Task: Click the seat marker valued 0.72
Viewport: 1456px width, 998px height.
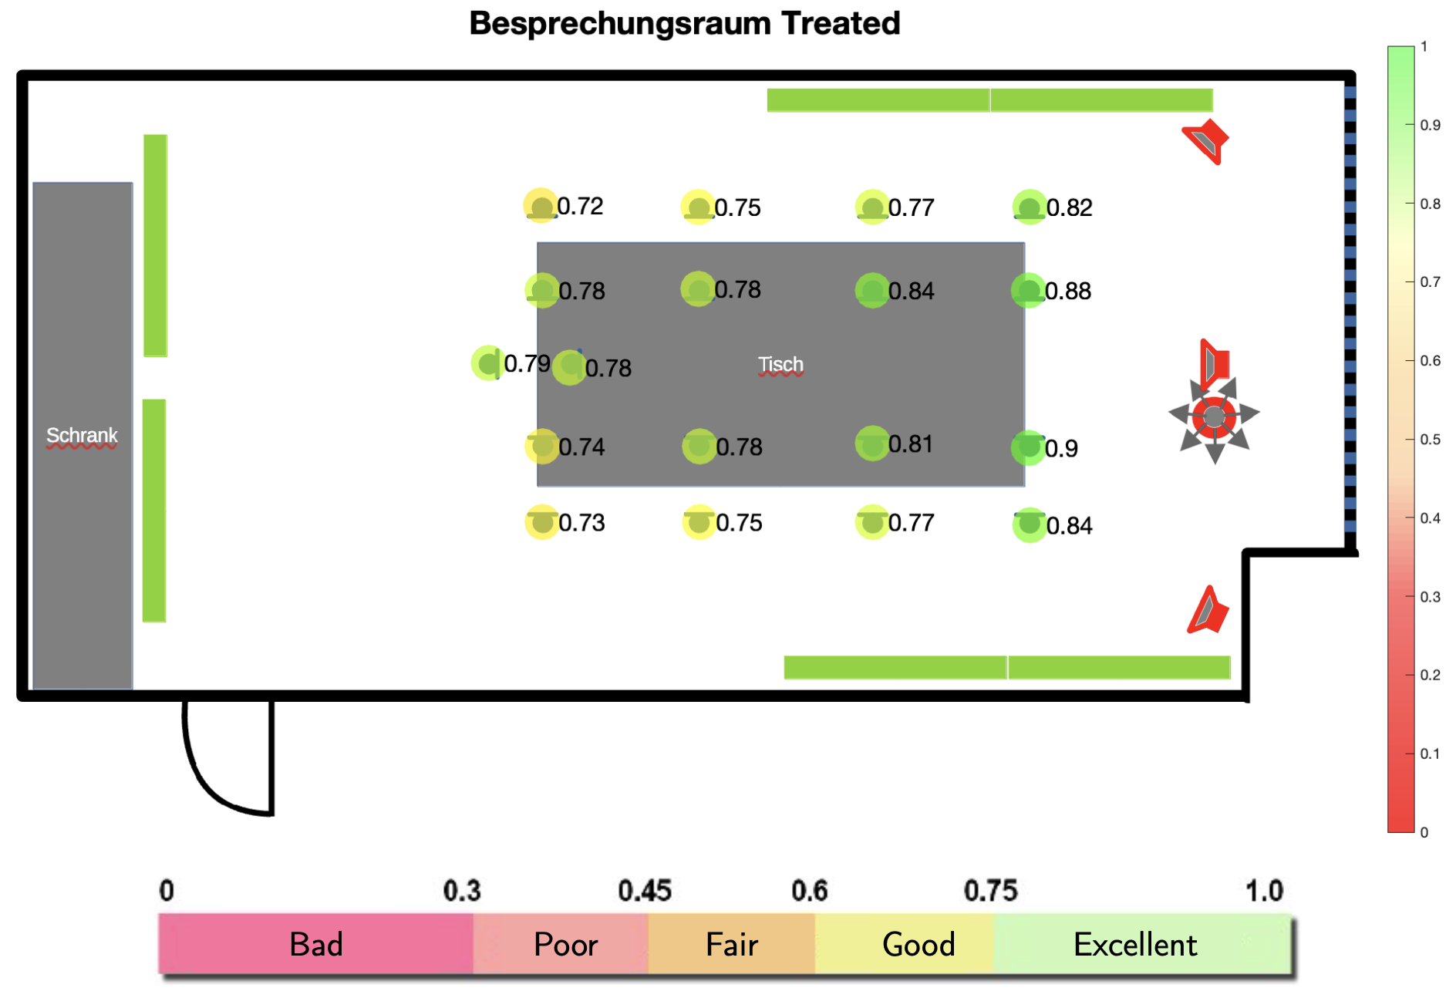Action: pos(541,206)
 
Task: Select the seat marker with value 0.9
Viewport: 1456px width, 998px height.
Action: pos(1029,447)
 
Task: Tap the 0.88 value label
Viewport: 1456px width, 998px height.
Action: pos(1068,291)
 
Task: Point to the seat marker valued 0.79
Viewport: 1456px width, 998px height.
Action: pos(488,362)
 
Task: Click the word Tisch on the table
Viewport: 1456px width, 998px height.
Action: pos(780,364)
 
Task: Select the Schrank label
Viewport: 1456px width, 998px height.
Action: pos(82,435)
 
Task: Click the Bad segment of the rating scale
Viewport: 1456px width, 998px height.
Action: pos(315,944)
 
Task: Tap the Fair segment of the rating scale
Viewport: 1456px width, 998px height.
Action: pos(732,944)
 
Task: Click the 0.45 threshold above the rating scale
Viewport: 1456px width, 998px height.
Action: pos(645,891)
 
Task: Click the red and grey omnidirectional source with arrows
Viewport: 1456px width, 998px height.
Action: pos(1214,417)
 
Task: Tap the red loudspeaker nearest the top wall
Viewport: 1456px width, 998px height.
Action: pos(1206,141)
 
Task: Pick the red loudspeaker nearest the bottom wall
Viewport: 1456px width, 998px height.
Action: pos(1208,610)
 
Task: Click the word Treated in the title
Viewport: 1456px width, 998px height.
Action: pos(841,23)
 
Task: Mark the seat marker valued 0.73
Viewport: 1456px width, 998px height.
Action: pos(542,522)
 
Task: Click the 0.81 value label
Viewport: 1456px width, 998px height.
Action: pos(911,444)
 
